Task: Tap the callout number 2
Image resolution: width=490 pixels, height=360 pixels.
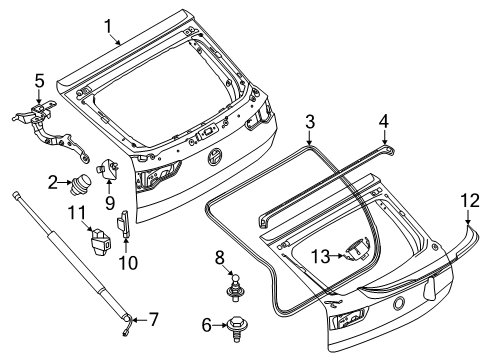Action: tap(51, 183)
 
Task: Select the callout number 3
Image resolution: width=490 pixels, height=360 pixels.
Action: tap(311, 122)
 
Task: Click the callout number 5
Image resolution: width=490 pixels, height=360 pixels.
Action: tap(39, 80)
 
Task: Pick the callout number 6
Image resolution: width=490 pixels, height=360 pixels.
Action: tap(207, 325)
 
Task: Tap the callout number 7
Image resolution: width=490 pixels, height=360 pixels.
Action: tap(154, 320)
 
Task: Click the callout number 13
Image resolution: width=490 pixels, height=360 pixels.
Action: tap(319, 255)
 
